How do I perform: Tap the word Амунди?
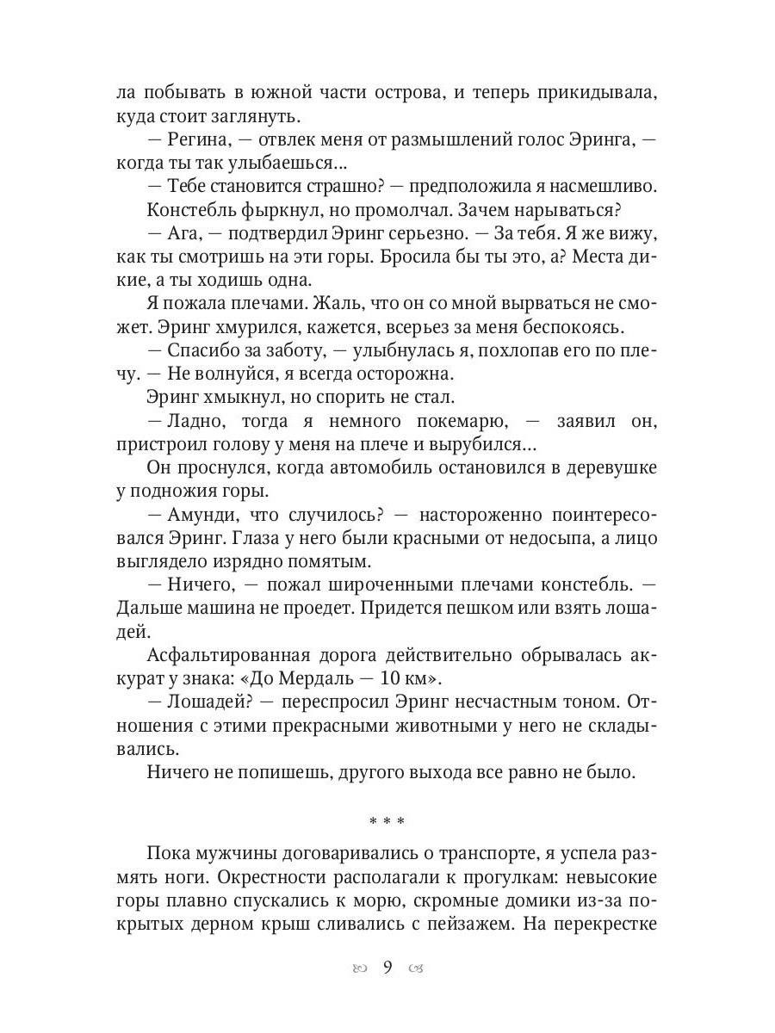click(199, 515)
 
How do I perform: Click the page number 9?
click(387, 967)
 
